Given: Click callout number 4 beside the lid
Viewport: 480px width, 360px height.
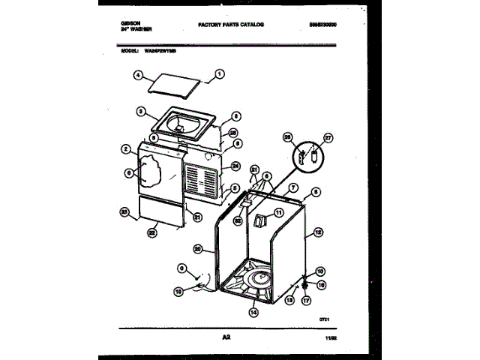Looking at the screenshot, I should tap(138, 75).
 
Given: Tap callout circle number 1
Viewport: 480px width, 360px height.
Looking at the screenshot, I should tap(219, 73).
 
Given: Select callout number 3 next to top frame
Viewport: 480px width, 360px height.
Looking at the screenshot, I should tap(140, 112).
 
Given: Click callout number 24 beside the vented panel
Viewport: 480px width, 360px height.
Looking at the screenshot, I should tap(235, 166).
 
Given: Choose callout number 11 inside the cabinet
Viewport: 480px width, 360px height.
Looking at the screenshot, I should tap(279, 213).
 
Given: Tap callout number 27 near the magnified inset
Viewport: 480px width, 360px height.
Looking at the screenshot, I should tap(327, 138).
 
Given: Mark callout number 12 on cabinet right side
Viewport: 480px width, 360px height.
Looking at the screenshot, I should tap(319, 232).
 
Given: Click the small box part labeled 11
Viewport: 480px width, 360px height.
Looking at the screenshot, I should tap(259, 220).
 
